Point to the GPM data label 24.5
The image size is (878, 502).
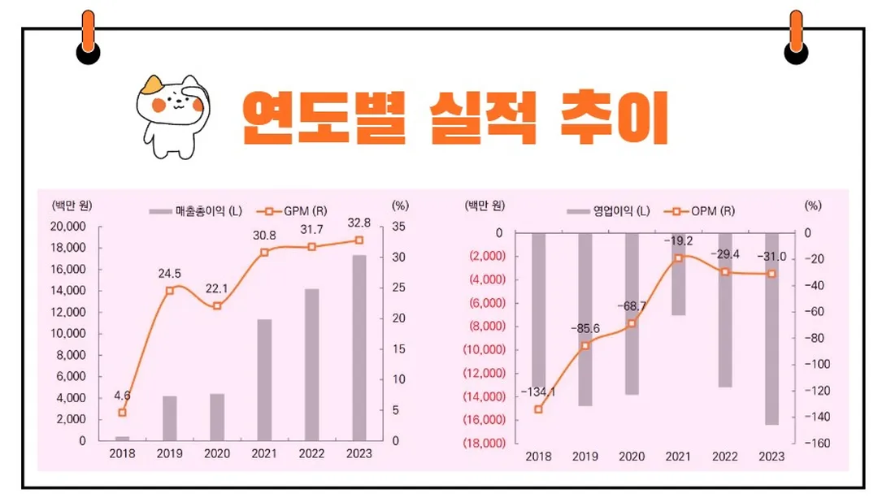point(169,273)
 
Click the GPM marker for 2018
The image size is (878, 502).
point(123,413)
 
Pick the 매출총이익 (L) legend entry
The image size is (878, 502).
point(196,211)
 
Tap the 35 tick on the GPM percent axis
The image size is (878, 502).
point(400,227)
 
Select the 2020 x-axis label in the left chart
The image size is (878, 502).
point(217,454)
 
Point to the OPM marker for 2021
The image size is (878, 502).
point(678,258)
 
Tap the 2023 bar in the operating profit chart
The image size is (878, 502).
point(772,328)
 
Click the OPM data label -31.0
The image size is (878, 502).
point(772,257)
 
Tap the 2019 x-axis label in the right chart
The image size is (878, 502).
point(585,457)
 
